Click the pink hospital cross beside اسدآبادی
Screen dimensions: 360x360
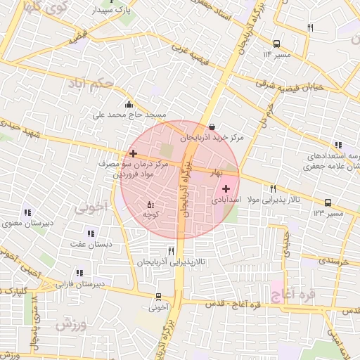click(x=226, y=188)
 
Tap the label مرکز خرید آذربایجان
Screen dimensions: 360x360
click(x=211, y=139)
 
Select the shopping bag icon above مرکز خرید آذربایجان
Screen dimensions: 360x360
click(x=202, y=127)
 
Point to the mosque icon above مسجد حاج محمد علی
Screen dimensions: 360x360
click(x=128, y=105)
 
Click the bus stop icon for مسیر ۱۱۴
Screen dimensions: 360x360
click(x=276, y=44)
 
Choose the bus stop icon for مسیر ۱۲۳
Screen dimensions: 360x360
click(x=328, y=202)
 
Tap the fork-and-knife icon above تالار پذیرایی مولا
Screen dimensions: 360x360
click(x=273, y=188)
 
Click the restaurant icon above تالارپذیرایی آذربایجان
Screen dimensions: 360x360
click(x=171, y=251)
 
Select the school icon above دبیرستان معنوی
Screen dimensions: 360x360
click(x=27, y=212)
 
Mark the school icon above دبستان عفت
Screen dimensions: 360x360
click(x=89, y=233)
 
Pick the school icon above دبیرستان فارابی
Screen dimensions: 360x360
click(x=79, y=273)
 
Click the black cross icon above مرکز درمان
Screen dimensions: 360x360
click(x=133, y=153)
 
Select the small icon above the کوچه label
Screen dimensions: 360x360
click(x=150, y=205)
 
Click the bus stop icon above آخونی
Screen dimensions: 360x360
click(x=158, y=297)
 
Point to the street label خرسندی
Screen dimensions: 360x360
click(x=333, y=260)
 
